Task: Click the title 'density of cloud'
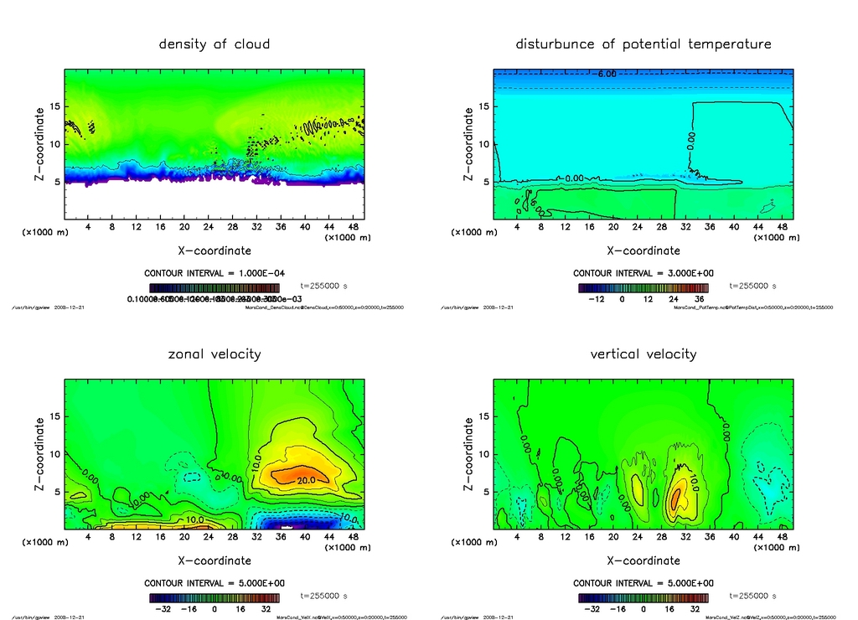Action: (x=214, y=44)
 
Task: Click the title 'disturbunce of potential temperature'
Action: (x=643, y=44)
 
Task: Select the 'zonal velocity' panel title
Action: (x=214, y=354)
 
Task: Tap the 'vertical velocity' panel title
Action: (x=643, y=354)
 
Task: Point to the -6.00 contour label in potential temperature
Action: (x=607, y=74)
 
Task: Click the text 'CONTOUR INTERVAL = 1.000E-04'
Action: (x=214, y=273)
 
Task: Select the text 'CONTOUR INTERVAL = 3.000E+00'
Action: (x=643, y=273)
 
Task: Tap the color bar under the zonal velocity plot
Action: (x=214, y=598)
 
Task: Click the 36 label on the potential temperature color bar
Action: (x=699, y=298)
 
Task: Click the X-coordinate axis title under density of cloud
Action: (x=214, y=250)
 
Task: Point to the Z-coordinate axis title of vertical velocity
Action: (x=468, y=453)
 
